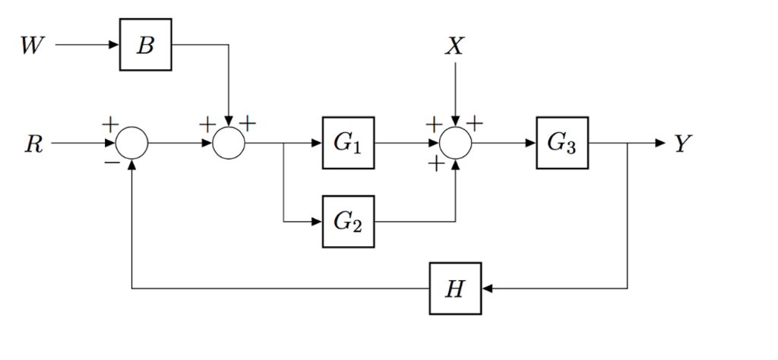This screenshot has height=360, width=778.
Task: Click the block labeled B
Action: (145, 45)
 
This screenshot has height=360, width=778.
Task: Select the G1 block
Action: (348, 143)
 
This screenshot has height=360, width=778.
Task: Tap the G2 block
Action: (348, 221)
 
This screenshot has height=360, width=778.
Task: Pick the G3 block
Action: (562, 143)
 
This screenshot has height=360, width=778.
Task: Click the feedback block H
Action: (455, 289)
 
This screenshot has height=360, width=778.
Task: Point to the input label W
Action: (31, 46)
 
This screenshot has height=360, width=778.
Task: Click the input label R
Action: (33, 144)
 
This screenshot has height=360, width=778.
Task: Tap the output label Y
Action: (682, 144)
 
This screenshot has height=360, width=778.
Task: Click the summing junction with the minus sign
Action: (133, 143)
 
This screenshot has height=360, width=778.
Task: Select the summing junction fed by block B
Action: (227, 143)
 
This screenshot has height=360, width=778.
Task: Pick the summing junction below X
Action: (455, 143)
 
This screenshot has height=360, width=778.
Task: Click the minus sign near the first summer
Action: (111, 162)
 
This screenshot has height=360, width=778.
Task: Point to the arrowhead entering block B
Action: (115, 45)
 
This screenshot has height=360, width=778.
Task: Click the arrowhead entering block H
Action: (488, 289)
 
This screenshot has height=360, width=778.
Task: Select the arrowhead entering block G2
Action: (317, 221)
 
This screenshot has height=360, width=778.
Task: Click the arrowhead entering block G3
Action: (531, 143)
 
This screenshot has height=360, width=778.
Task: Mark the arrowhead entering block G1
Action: (317, 143)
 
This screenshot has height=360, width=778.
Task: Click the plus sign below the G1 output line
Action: (435, 163)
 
